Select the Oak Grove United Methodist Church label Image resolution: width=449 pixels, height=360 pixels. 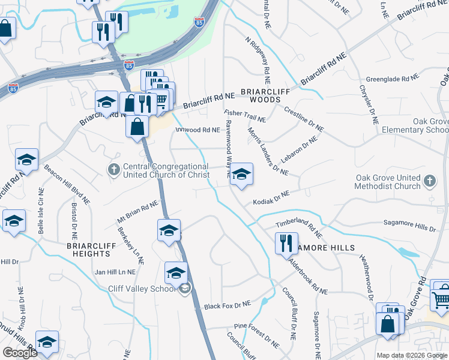pos(390,182)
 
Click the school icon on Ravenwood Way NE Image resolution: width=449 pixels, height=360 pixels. pos(241,175)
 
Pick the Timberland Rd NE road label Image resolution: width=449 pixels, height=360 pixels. pos(299,226)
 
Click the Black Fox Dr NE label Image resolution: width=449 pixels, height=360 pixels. pos(227,305)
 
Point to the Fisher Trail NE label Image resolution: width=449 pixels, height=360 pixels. pos(244,116)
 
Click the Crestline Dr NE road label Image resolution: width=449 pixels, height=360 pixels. pos(304,119)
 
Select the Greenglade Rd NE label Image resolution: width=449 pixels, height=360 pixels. pos(392,79)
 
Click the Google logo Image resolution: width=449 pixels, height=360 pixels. pos(20,353)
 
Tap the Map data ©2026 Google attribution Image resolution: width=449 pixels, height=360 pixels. pos(411,355)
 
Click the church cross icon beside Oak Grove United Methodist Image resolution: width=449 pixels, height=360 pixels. pos(429,180)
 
